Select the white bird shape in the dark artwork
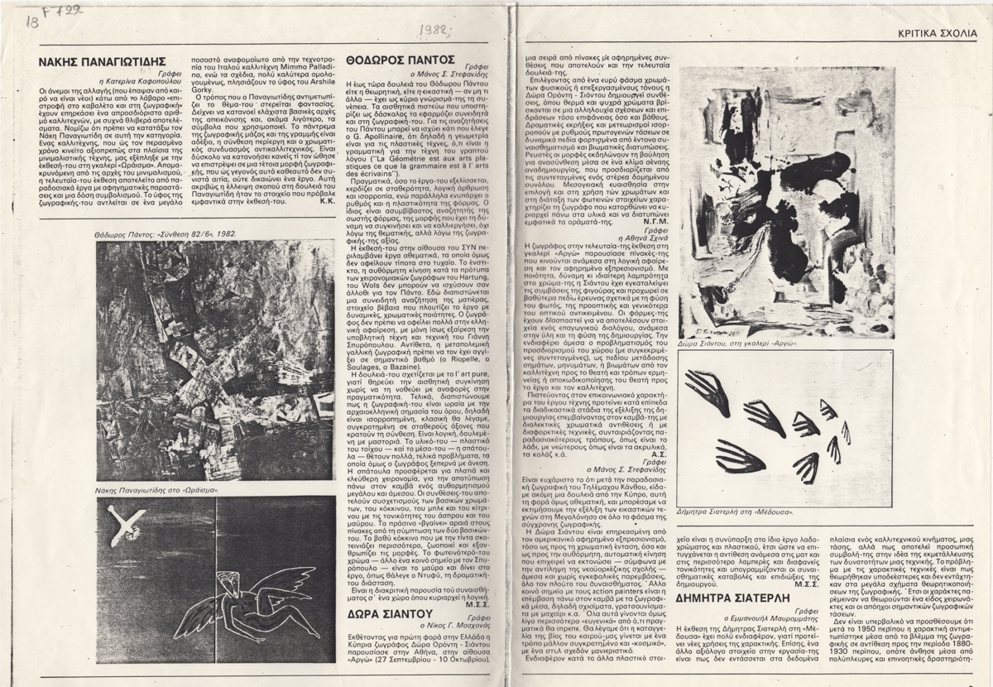[x=117, y=523]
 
